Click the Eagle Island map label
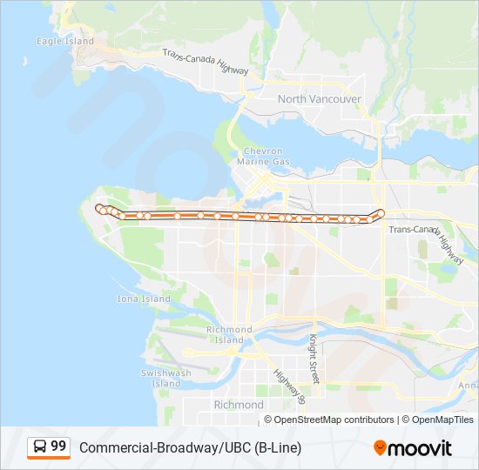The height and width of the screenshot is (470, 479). click(64, 41)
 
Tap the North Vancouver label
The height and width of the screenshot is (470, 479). click(319, 99)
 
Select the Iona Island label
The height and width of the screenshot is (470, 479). click(144, 299)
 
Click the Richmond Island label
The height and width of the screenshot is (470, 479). click(229, 335)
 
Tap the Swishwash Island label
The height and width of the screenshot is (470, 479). click(165, 378)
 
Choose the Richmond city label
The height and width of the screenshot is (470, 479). click(238, 405)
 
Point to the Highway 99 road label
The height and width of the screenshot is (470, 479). click(289, 386)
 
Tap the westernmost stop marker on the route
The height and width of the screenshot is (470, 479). click(99, 208)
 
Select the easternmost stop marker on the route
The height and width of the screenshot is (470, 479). click(381, 213)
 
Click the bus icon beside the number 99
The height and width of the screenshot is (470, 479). click(40, 447)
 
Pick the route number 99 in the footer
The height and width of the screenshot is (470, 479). click(58, 446)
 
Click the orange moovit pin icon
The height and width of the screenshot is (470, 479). click(380, 448)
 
